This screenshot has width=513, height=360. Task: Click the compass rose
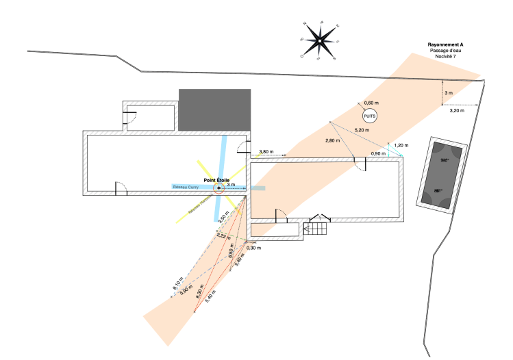pyautogui.click(x=319, y=42)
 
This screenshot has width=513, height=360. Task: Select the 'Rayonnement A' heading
pyautogui.click(x=445, y=44)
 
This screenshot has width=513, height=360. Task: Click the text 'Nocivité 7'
pyautogui.click(x=445, y=57)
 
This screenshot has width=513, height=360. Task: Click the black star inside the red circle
pyautogui.click(x=218, y=188)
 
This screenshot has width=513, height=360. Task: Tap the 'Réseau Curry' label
pyautogui.click(x=185, y=186)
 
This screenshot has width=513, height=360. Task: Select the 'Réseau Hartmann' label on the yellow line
pyautogui.click(x=199, y=207)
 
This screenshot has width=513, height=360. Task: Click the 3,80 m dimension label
pyautogui.click(x=266, y=151)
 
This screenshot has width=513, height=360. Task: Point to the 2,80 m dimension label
pyautogui.click(x=334, y=140)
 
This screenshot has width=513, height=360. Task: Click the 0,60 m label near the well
pyautogui.click(x=372, y=102)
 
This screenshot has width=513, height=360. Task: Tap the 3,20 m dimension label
pyautogui.click(x=458, y=110)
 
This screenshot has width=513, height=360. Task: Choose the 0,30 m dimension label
pyautogui.click(x=254, y=248)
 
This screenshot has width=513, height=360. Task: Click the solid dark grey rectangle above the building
pyautogui.click(x=214, y=110)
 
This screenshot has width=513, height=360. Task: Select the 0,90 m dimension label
pyautogui.click(x=378, y=154)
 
